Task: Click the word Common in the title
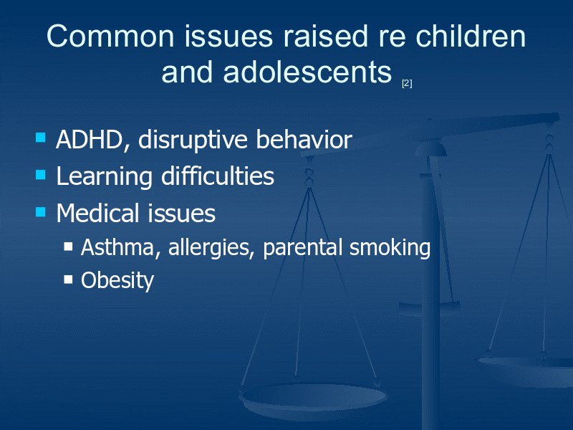pos(110,37)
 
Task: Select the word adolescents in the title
pos(307,72)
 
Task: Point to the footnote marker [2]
pos(407,83)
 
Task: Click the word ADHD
pos(90,140)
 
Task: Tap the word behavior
pos(304,139)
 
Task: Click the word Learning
pos(104,177)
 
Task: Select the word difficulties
pos(218,176)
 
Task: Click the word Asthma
pos(117,247)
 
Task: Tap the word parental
pos(302,248)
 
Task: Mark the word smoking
pos(390,248)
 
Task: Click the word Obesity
pos(117,281)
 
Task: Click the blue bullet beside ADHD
pos(41,138)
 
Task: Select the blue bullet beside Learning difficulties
pos(41,174)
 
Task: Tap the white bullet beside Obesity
pos(68,279)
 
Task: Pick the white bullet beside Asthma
pos(68,246)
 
